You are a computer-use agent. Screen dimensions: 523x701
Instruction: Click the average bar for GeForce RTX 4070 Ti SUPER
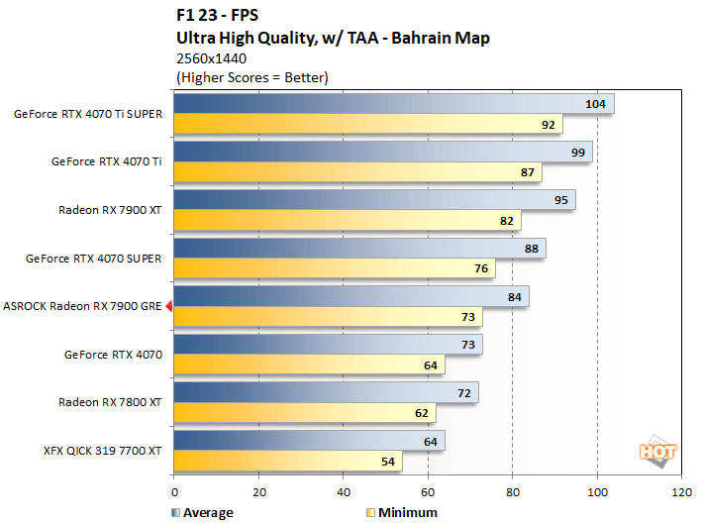click(x=393, y=104)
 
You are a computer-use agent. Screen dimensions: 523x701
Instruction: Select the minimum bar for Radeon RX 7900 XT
click(x=347, y=220)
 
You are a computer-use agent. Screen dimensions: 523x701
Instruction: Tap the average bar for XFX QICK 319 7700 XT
click(x=309, y=441)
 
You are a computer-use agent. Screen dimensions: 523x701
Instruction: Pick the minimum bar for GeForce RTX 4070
click(x=309, y=365)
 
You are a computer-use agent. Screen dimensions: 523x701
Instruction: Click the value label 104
click(x=596, y=104)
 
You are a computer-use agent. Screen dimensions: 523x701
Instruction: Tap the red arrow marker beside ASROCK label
click(x=168, y=307)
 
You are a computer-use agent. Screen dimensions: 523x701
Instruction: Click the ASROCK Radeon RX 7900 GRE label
click(x=82, y=306)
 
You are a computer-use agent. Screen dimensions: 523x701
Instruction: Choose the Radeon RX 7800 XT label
click(x=111, y=402)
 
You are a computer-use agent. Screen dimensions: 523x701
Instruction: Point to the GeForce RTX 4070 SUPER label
click(x=94, y=259)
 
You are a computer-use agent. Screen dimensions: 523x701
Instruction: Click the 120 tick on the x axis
click(x=681, y=492)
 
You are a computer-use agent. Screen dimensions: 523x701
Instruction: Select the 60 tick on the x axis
click(x=428, y=492)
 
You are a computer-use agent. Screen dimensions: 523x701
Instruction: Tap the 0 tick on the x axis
click(x=174, y=492)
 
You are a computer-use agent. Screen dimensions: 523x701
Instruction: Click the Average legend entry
click(x=202, y=512)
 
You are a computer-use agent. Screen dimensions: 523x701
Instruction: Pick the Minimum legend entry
click(x=401, y=512)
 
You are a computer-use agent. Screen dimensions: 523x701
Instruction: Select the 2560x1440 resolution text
click(x=211, y=57)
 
